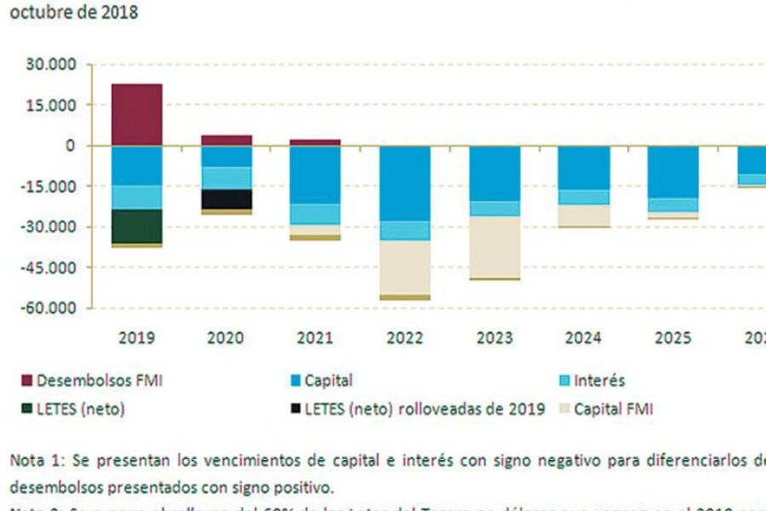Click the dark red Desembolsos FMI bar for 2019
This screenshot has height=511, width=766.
(x=137, y=114)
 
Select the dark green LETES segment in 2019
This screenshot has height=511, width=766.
(x=137, y=226)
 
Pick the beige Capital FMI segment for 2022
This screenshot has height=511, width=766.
(x=405, y=267)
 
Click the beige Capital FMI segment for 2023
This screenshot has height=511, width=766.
(x=494, y=246)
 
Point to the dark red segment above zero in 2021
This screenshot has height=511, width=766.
(x=316, y=142)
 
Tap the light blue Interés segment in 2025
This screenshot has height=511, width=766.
(x=673, y=205)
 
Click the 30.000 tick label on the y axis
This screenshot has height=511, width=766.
(x=52, y=65)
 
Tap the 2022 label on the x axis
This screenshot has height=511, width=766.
(x=404, y=338)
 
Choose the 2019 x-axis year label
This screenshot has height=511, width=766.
(x=137, y=338)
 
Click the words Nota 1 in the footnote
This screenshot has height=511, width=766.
(x=37, y=460)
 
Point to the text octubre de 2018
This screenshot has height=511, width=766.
(x=73, y=13)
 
